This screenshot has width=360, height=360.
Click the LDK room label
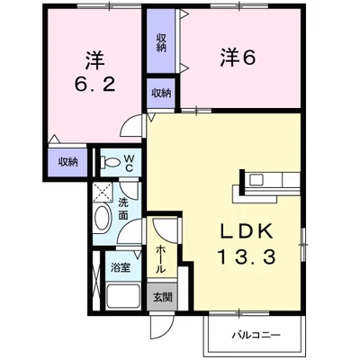pos(247,231)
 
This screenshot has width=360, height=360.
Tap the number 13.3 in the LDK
pos(247,257)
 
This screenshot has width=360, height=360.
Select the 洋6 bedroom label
pos(238,58)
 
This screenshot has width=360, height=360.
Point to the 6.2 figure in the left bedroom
pos(94,85)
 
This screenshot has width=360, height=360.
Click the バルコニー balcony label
pos(256,335)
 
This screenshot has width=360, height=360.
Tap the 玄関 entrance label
pos(163,297)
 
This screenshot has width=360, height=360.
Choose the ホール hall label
pos(161,258)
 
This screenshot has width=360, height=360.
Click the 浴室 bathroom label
pos(121,267)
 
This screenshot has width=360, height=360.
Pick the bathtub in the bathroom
pos(123,295)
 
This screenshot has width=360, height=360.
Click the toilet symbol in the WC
pos(110,162)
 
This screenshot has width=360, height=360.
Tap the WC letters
pos(129,163)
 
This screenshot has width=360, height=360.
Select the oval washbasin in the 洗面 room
pos(102,218)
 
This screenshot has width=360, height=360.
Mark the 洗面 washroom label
pos(123,209)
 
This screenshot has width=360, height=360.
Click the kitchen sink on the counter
pos(256,179)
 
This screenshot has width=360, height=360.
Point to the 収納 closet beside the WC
pos(68,162)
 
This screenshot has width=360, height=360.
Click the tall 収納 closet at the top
pos(161,40)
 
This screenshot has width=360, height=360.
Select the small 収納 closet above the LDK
pos(161,94)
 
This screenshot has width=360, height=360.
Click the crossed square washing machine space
pos(103,193)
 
